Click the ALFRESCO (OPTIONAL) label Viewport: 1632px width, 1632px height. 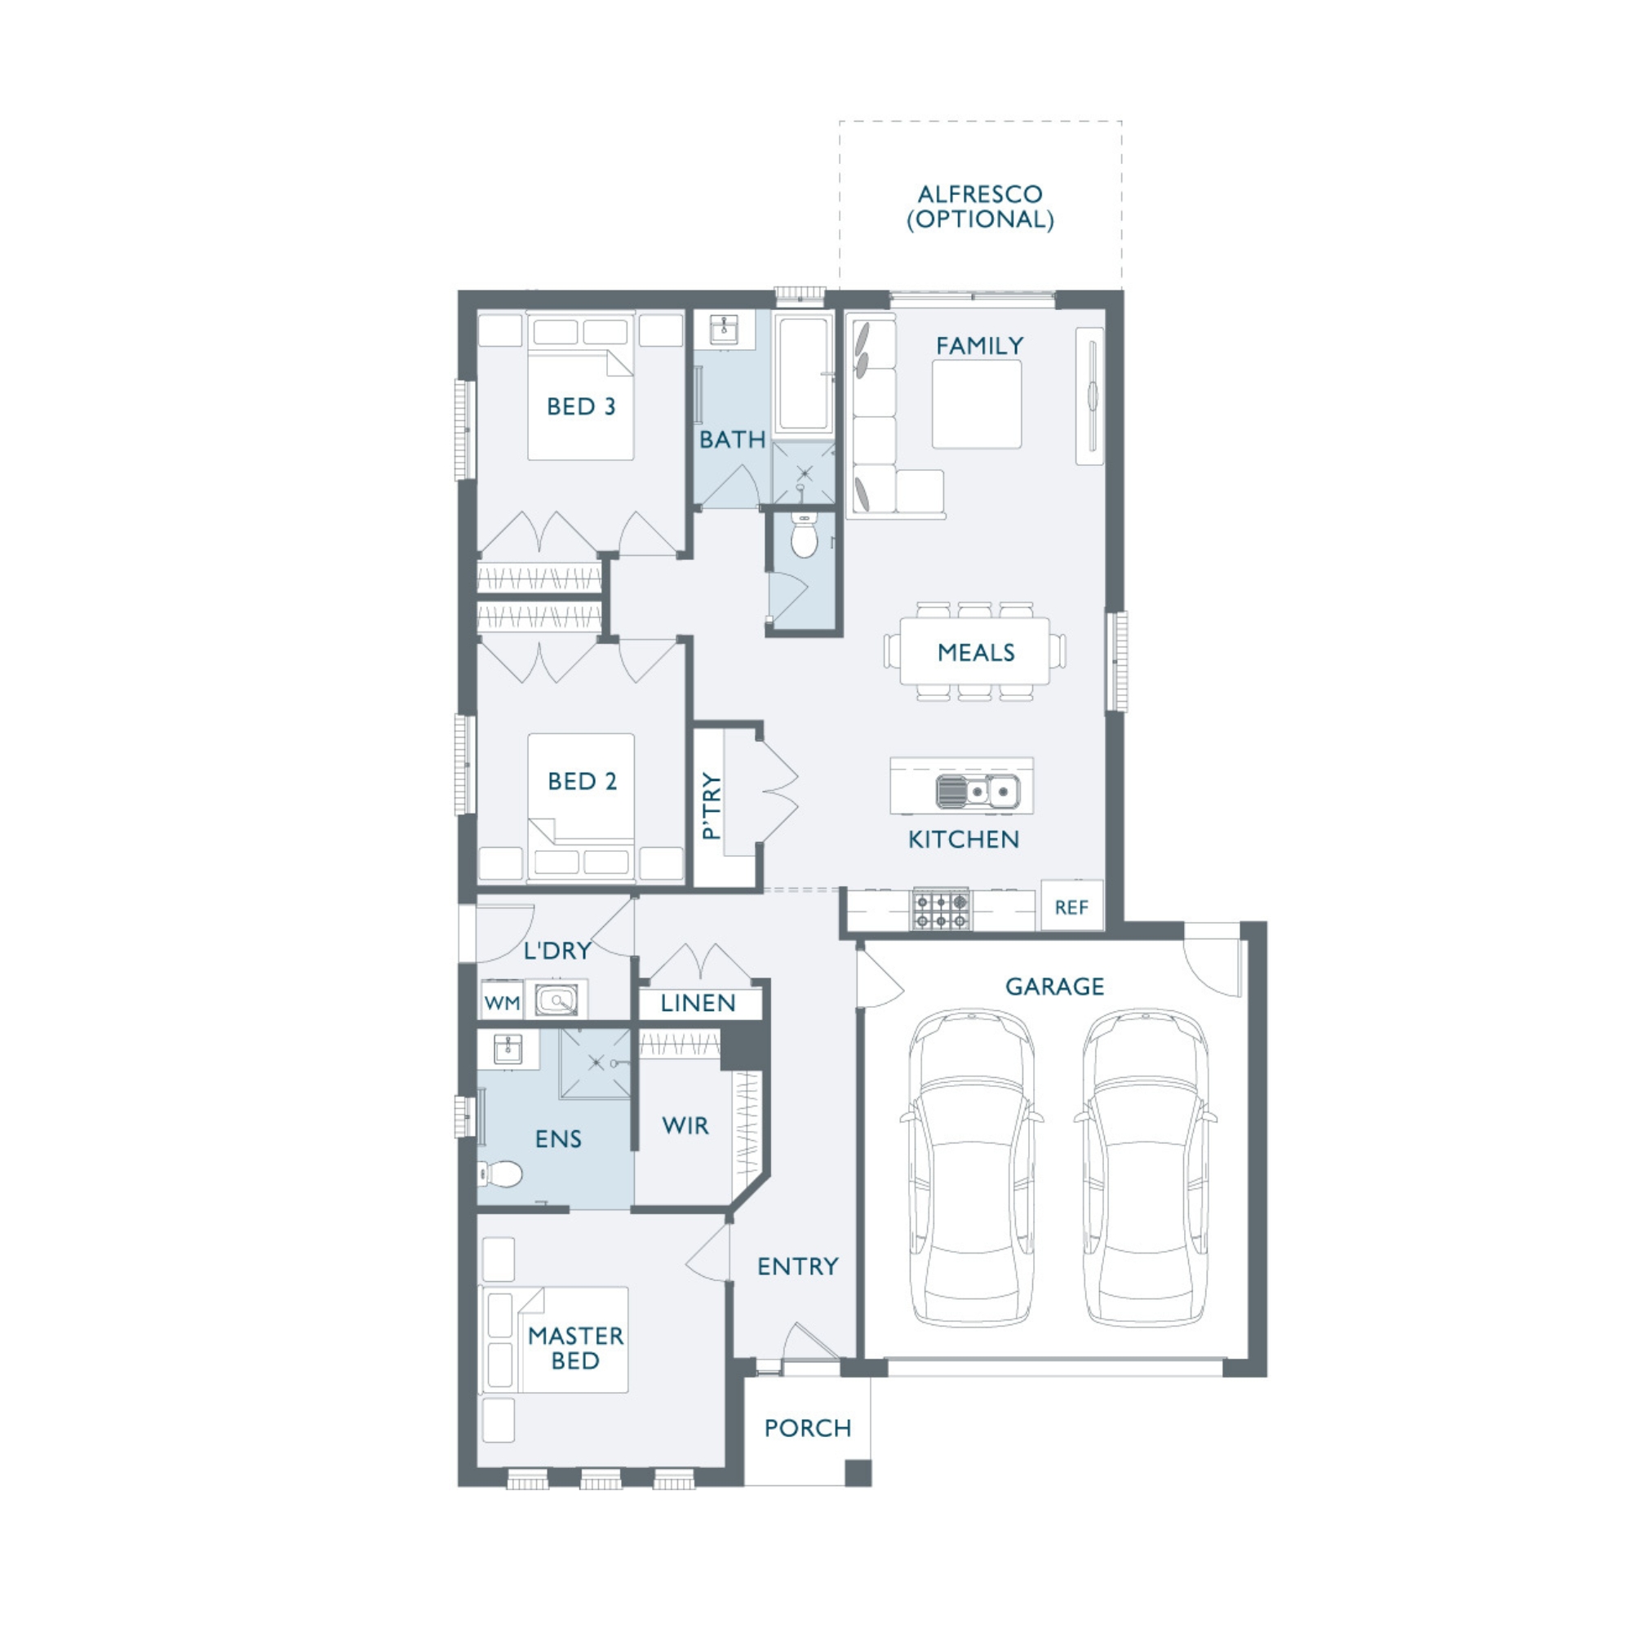[980, 207]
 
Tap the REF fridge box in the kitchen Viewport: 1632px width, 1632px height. [1072, 906]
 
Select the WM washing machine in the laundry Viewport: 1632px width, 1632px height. [502, 1002]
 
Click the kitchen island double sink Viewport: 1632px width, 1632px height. [978, 792]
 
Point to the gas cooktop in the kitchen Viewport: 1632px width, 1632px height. [941, 910]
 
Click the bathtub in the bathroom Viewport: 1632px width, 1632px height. [802, 375]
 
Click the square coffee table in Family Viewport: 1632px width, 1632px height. [977, 405]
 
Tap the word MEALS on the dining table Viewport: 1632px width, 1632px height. [976, 652]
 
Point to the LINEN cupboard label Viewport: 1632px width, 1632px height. [698, 1003]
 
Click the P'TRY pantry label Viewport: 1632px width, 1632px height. [712, 805]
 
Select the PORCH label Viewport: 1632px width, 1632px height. [808, 1427]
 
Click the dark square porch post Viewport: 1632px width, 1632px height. [858, 1472]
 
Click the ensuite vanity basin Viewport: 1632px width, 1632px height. [507, 1049]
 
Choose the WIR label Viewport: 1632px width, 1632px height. [685, 1125]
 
